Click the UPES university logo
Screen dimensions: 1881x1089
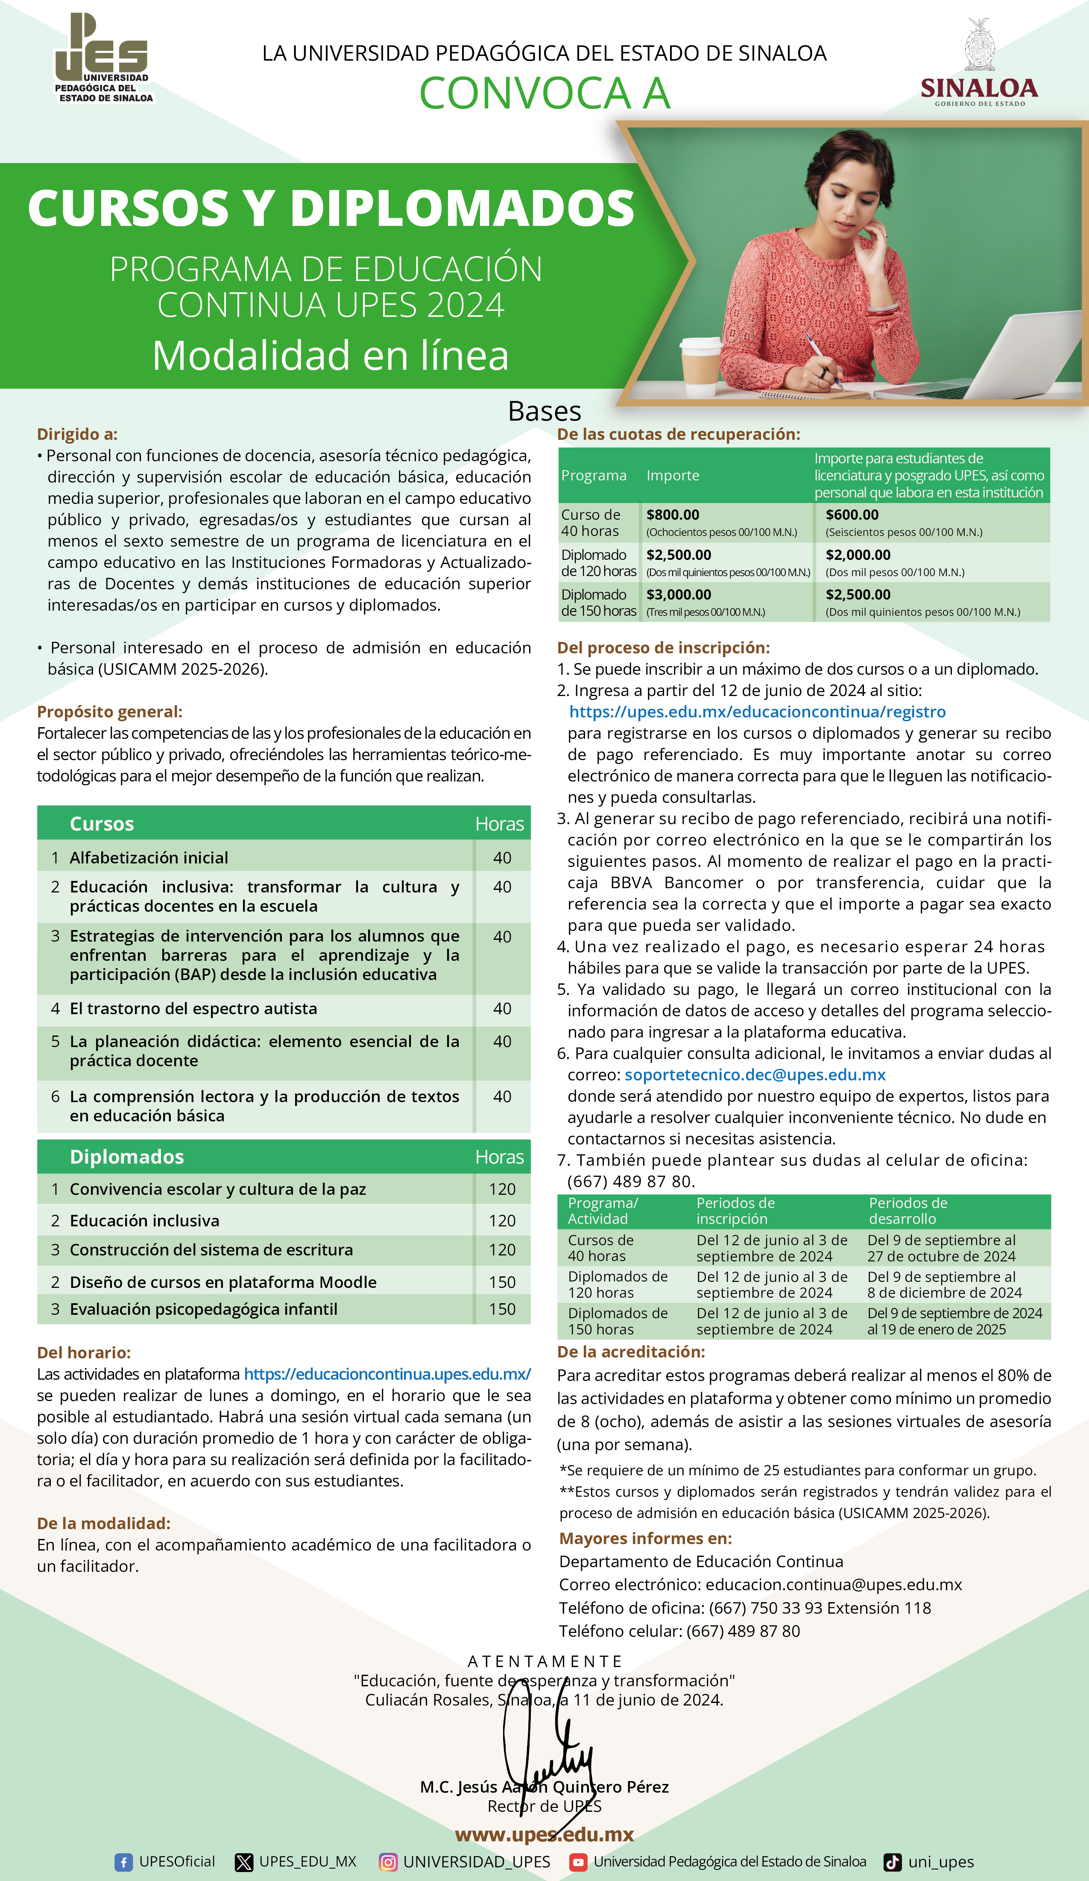coord(103,58)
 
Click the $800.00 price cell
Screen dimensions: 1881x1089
coord(673,514)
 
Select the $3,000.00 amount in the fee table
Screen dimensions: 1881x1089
coord(679,594)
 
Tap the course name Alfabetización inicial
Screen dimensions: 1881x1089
coord(149,857)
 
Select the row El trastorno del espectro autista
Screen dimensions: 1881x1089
coord(193,1009)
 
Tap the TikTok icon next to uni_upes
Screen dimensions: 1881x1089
coord(892,1862)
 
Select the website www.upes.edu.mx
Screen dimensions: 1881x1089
coord(544,1834)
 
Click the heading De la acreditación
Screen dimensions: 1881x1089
coord(631,1351)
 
